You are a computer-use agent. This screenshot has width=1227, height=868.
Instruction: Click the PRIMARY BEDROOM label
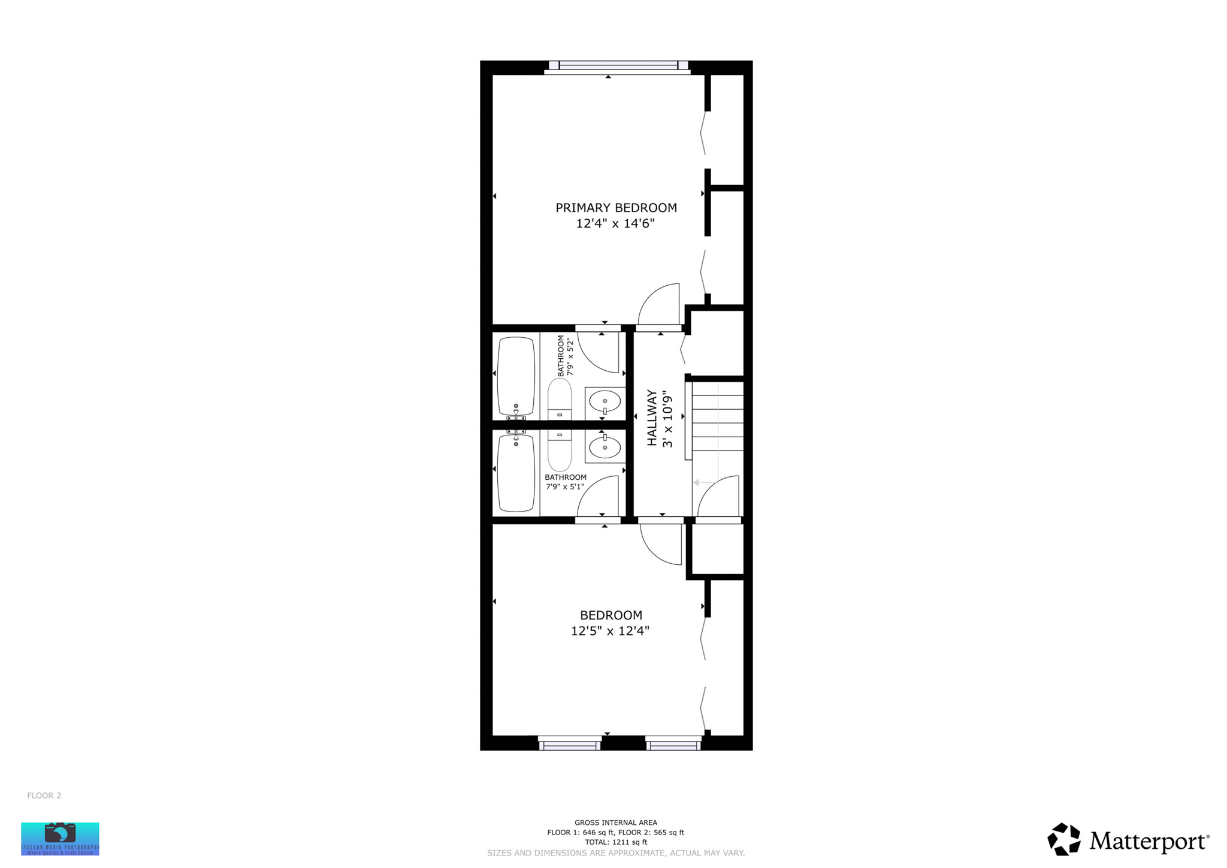[x=616, y=208]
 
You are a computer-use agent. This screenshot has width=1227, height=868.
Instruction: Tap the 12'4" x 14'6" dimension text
[x=615, y=223]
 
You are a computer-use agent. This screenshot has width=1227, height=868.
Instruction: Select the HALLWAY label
[x=652, y=418]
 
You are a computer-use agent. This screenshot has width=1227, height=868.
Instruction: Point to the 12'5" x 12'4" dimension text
[x=610, y=631]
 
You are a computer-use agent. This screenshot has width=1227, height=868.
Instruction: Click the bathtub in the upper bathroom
[x=516, y=376]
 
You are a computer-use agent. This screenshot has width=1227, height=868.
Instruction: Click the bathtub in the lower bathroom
[x=516, y=473]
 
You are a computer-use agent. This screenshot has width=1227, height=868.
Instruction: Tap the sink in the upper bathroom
[x=605, y=401]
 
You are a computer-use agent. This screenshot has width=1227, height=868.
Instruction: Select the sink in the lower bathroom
[x=605, y=447]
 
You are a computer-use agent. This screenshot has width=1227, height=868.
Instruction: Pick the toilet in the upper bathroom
[x=560, y=400]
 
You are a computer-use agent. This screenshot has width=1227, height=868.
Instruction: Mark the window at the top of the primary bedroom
[x=618, y=65]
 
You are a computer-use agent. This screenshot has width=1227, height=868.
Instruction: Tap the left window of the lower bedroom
[x=570, y=745]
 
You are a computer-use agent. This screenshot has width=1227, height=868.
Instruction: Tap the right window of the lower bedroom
[x=673, y=745]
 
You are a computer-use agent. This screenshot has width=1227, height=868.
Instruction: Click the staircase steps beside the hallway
[x=718, y=416]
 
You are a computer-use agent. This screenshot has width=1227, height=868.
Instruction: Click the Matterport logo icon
[x=1064, y=839]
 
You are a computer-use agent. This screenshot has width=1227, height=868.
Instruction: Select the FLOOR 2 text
[x=44, y=796]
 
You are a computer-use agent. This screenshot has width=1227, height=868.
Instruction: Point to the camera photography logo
[x=60, y=838]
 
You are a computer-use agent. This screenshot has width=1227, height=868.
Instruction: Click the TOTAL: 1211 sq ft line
[x=616, y=842]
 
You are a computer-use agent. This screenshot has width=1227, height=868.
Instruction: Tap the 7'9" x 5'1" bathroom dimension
[x=565, y=486]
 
